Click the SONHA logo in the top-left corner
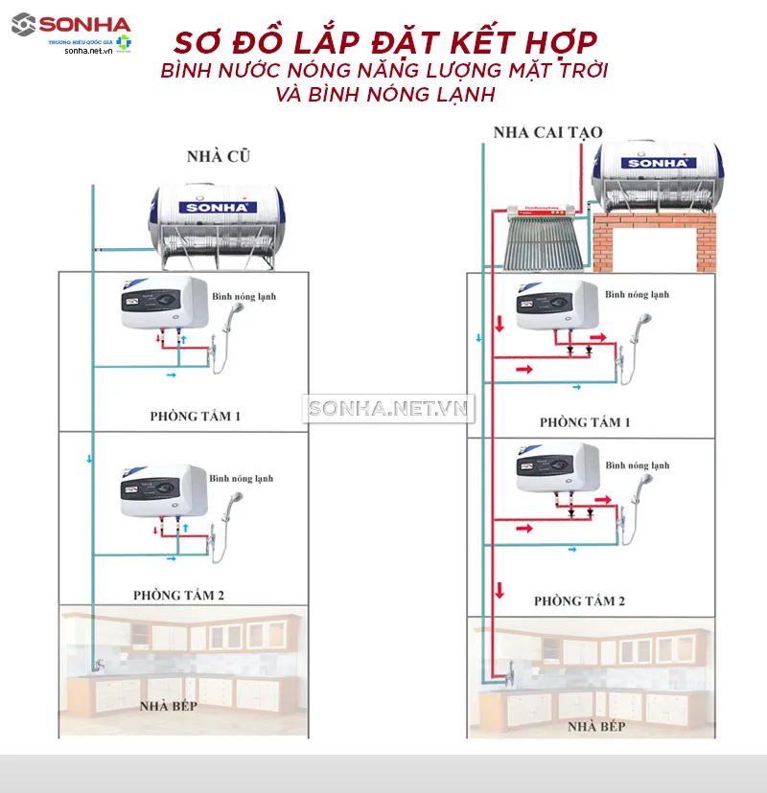tap(71, 24)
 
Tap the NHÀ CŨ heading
tap(219, 155)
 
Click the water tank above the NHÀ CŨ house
tap(217, 221)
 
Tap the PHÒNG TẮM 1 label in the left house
tap(195, 417)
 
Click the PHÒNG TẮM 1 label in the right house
tap(585, 422)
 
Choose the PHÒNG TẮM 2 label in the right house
tap(579, 600)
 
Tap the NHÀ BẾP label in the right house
tap(595, 727)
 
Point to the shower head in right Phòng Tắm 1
tap(639, 327)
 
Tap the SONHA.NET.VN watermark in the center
tap(389, 409)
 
